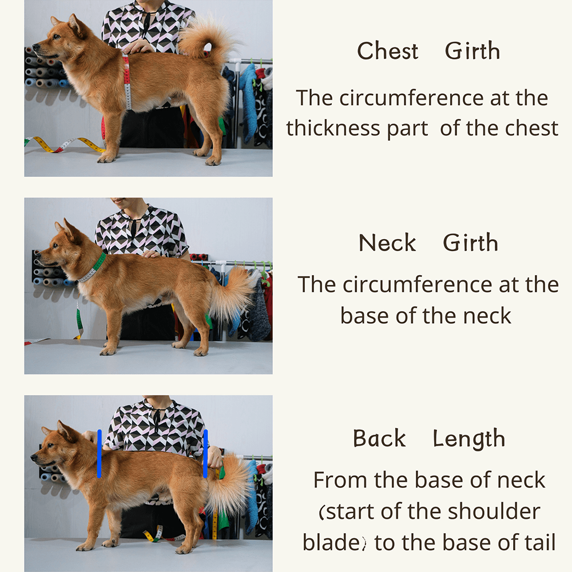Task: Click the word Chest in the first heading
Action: (x=387, y=50)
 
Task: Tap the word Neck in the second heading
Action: (x=387, y=243)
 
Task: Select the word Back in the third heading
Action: (x=379, y=438)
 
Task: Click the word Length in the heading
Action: (x=469, y=439)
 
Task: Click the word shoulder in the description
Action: (x=494, y=511)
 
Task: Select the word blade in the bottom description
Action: (x=332, y=542)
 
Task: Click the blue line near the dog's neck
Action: (x=99, y=454)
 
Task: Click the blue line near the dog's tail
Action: (x=205, y=454)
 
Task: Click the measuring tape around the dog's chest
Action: (x=127, y=82)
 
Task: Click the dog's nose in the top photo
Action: (x=35, y=47)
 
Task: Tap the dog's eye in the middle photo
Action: (x=55, y=246)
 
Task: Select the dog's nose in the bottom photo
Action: (x=34, y=456)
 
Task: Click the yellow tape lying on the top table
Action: (x=66, y=144)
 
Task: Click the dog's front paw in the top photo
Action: (x=106, y=158)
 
